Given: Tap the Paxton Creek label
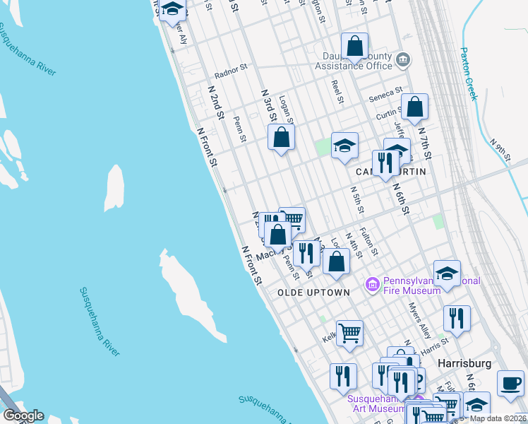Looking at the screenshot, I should (469, 73).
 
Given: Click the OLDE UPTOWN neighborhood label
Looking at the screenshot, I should (313, 292).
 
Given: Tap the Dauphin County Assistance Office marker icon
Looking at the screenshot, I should (403, 59).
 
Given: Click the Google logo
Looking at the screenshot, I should (23, 416).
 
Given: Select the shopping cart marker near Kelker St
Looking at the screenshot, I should (349, 332).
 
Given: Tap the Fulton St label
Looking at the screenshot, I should (369, 240).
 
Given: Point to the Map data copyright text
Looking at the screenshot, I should (498, 418).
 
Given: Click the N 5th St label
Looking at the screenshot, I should (357, 200).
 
